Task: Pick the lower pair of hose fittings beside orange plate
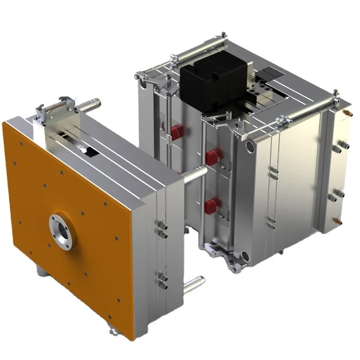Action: pos(162,280)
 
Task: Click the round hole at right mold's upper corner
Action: pos(250,145)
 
